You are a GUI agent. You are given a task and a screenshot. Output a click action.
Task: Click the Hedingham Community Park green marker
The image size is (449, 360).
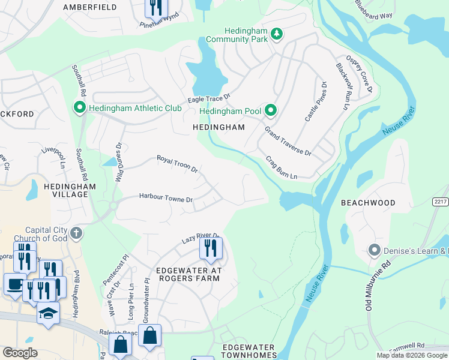pyautogui.click(x=277, y=34)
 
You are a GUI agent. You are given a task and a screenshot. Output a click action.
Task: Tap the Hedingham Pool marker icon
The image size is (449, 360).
pyautogui.click(x=271, y=110)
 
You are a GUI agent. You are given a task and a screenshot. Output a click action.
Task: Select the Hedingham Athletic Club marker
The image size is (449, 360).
pyautogui.click(x=79, y=108)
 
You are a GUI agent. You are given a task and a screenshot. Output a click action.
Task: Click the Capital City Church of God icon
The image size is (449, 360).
pyautogui.click(x=76, y=232)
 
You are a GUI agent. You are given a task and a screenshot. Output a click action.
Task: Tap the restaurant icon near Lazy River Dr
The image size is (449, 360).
pyautogui.click(x=211, y=248)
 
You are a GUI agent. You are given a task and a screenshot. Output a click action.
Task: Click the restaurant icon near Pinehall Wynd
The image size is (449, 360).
pyautogui.click(x=156, y=7)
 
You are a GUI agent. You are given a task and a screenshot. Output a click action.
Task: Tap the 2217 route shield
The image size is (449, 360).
pyautogui.click(x=440, y=203)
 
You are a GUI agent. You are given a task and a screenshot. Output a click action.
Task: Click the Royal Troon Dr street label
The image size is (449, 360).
pyautogui.click(x=178, y=163)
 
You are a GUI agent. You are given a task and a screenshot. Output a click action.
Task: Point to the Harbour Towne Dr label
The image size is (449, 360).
pyautogui.click(x=166, y=198)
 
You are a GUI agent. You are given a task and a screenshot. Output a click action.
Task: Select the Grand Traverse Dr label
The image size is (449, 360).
pyautogui.click(x=288, y=142)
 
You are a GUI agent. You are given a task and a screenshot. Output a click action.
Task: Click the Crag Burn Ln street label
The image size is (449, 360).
pyautogui.click(x=282, y=168)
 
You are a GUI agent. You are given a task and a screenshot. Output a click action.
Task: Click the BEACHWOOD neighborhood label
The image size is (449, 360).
pyautogui.click(x=368, y=203)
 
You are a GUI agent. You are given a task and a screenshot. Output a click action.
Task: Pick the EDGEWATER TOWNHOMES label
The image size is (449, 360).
pyautogui.click(x=248, y=352)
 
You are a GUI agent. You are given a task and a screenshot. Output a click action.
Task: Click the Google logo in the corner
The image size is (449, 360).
pyautogui.click(x=20, y=353)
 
